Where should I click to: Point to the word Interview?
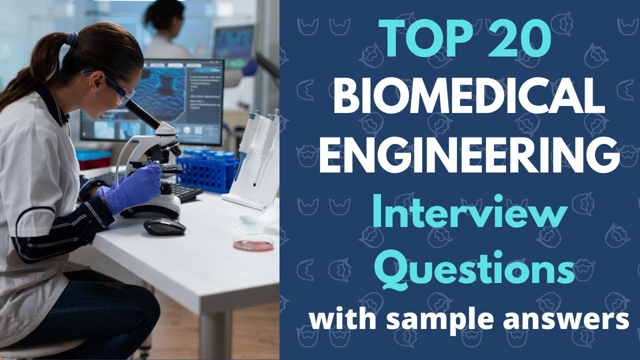469,211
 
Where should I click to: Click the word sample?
439,319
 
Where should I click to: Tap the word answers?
566,318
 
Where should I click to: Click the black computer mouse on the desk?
164,226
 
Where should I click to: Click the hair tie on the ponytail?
72,39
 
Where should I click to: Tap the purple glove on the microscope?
133,189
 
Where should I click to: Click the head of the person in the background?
165,15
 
